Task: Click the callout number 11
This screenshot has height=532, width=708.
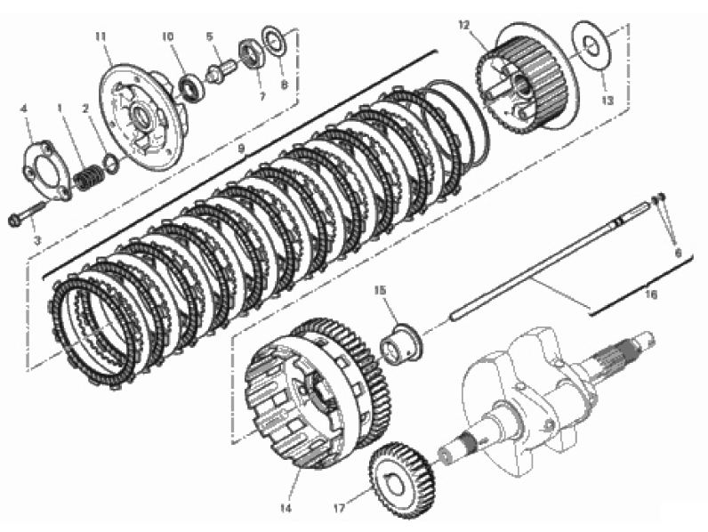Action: click(101, 36)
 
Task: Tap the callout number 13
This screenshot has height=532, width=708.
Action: click(607, 101)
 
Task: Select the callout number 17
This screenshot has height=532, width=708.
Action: click(339, 509)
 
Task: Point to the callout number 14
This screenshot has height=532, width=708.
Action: click(286, 509)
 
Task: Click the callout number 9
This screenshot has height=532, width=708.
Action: click(241, 149)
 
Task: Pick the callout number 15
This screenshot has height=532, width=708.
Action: click(380, 290)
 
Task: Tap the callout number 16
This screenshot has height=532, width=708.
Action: click(651, 294)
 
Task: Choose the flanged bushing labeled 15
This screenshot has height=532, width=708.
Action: click(401, 343)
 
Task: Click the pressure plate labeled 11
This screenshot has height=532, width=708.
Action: click(142, 117)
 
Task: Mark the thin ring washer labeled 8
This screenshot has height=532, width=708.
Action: click(274, 43)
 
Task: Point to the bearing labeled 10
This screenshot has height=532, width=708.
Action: click(191, 87)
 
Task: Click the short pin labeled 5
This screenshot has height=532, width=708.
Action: click(221, 71)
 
